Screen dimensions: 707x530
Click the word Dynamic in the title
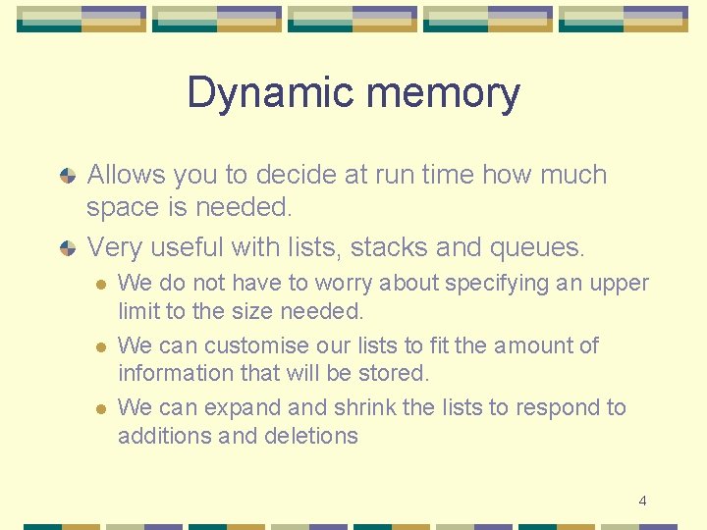[x=251, y=93]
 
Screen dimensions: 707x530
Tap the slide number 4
[x=642, y=501]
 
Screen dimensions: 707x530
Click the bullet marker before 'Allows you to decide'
[x=68, y=176]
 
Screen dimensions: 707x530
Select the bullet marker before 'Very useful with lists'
[x=68, y=246]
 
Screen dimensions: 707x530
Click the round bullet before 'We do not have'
[x=99, y=285]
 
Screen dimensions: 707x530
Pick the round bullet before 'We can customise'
[x=99, y=346]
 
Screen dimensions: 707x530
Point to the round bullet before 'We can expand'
[x=99, y=408]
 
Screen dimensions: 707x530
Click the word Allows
[x=127, y=175]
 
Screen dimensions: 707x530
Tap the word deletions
[x=313, y=436]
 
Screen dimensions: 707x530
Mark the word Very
[x=113, y=245]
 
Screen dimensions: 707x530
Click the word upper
[x=618, y=284]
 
